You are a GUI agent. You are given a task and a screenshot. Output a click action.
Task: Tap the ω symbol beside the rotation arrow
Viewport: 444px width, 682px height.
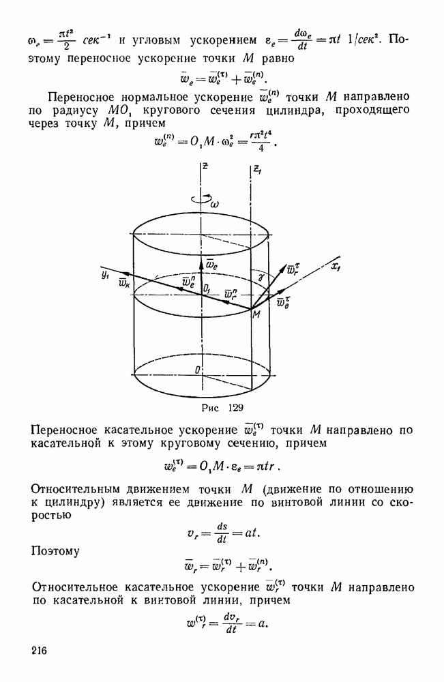215,203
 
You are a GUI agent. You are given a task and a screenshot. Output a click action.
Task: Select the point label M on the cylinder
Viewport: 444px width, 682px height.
256,314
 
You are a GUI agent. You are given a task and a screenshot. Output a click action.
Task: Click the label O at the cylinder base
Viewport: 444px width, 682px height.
197,370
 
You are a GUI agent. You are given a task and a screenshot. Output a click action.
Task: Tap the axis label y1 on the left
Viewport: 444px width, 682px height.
105,275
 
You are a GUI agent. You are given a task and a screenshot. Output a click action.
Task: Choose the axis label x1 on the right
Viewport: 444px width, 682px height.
336,268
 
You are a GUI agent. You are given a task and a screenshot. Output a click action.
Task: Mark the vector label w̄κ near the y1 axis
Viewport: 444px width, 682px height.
126,283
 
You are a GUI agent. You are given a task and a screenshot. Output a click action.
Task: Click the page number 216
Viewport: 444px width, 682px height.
39,651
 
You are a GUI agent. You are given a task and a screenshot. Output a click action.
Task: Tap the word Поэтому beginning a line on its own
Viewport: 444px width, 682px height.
55,552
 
